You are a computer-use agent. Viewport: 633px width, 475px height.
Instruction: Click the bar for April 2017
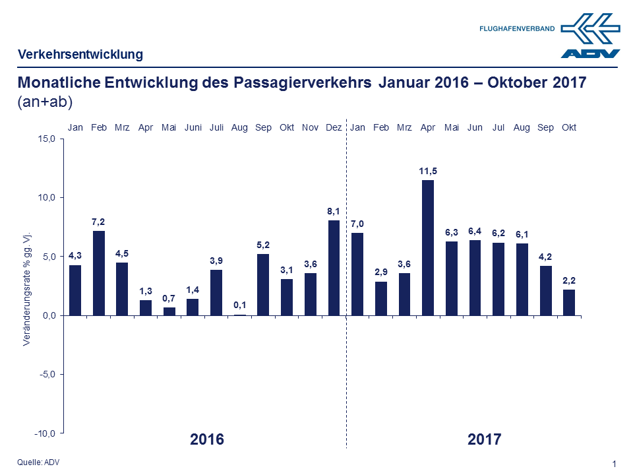[428, 247]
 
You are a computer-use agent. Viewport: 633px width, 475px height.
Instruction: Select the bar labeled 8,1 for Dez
[334, 268]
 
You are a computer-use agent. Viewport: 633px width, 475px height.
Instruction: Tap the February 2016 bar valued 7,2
[99, 273]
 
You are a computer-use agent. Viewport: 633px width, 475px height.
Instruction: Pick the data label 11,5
[428, 171]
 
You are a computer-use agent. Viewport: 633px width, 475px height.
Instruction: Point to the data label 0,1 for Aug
[239, 305]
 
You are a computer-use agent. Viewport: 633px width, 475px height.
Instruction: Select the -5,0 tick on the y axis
[49, 374]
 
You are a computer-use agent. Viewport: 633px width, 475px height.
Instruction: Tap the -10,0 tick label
[48, 433]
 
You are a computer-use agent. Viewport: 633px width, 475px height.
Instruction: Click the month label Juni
[193, 127]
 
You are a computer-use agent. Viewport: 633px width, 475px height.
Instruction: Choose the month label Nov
[310, 127]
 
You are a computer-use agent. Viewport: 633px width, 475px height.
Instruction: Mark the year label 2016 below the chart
[207, 439]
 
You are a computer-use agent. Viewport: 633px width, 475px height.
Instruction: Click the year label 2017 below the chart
[485, 439]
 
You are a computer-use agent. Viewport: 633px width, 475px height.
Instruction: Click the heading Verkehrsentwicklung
[80, 55]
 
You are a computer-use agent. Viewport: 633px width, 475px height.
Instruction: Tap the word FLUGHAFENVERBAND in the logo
[517, 29]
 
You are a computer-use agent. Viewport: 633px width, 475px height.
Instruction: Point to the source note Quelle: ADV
[38, 462]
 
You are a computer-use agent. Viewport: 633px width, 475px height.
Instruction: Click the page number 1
[615, 464]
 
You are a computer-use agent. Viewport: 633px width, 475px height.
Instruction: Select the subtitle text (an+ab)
[44, 102]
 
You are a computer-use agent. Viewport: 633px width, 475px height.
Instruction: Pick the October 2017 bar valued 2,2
[568, 302]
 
